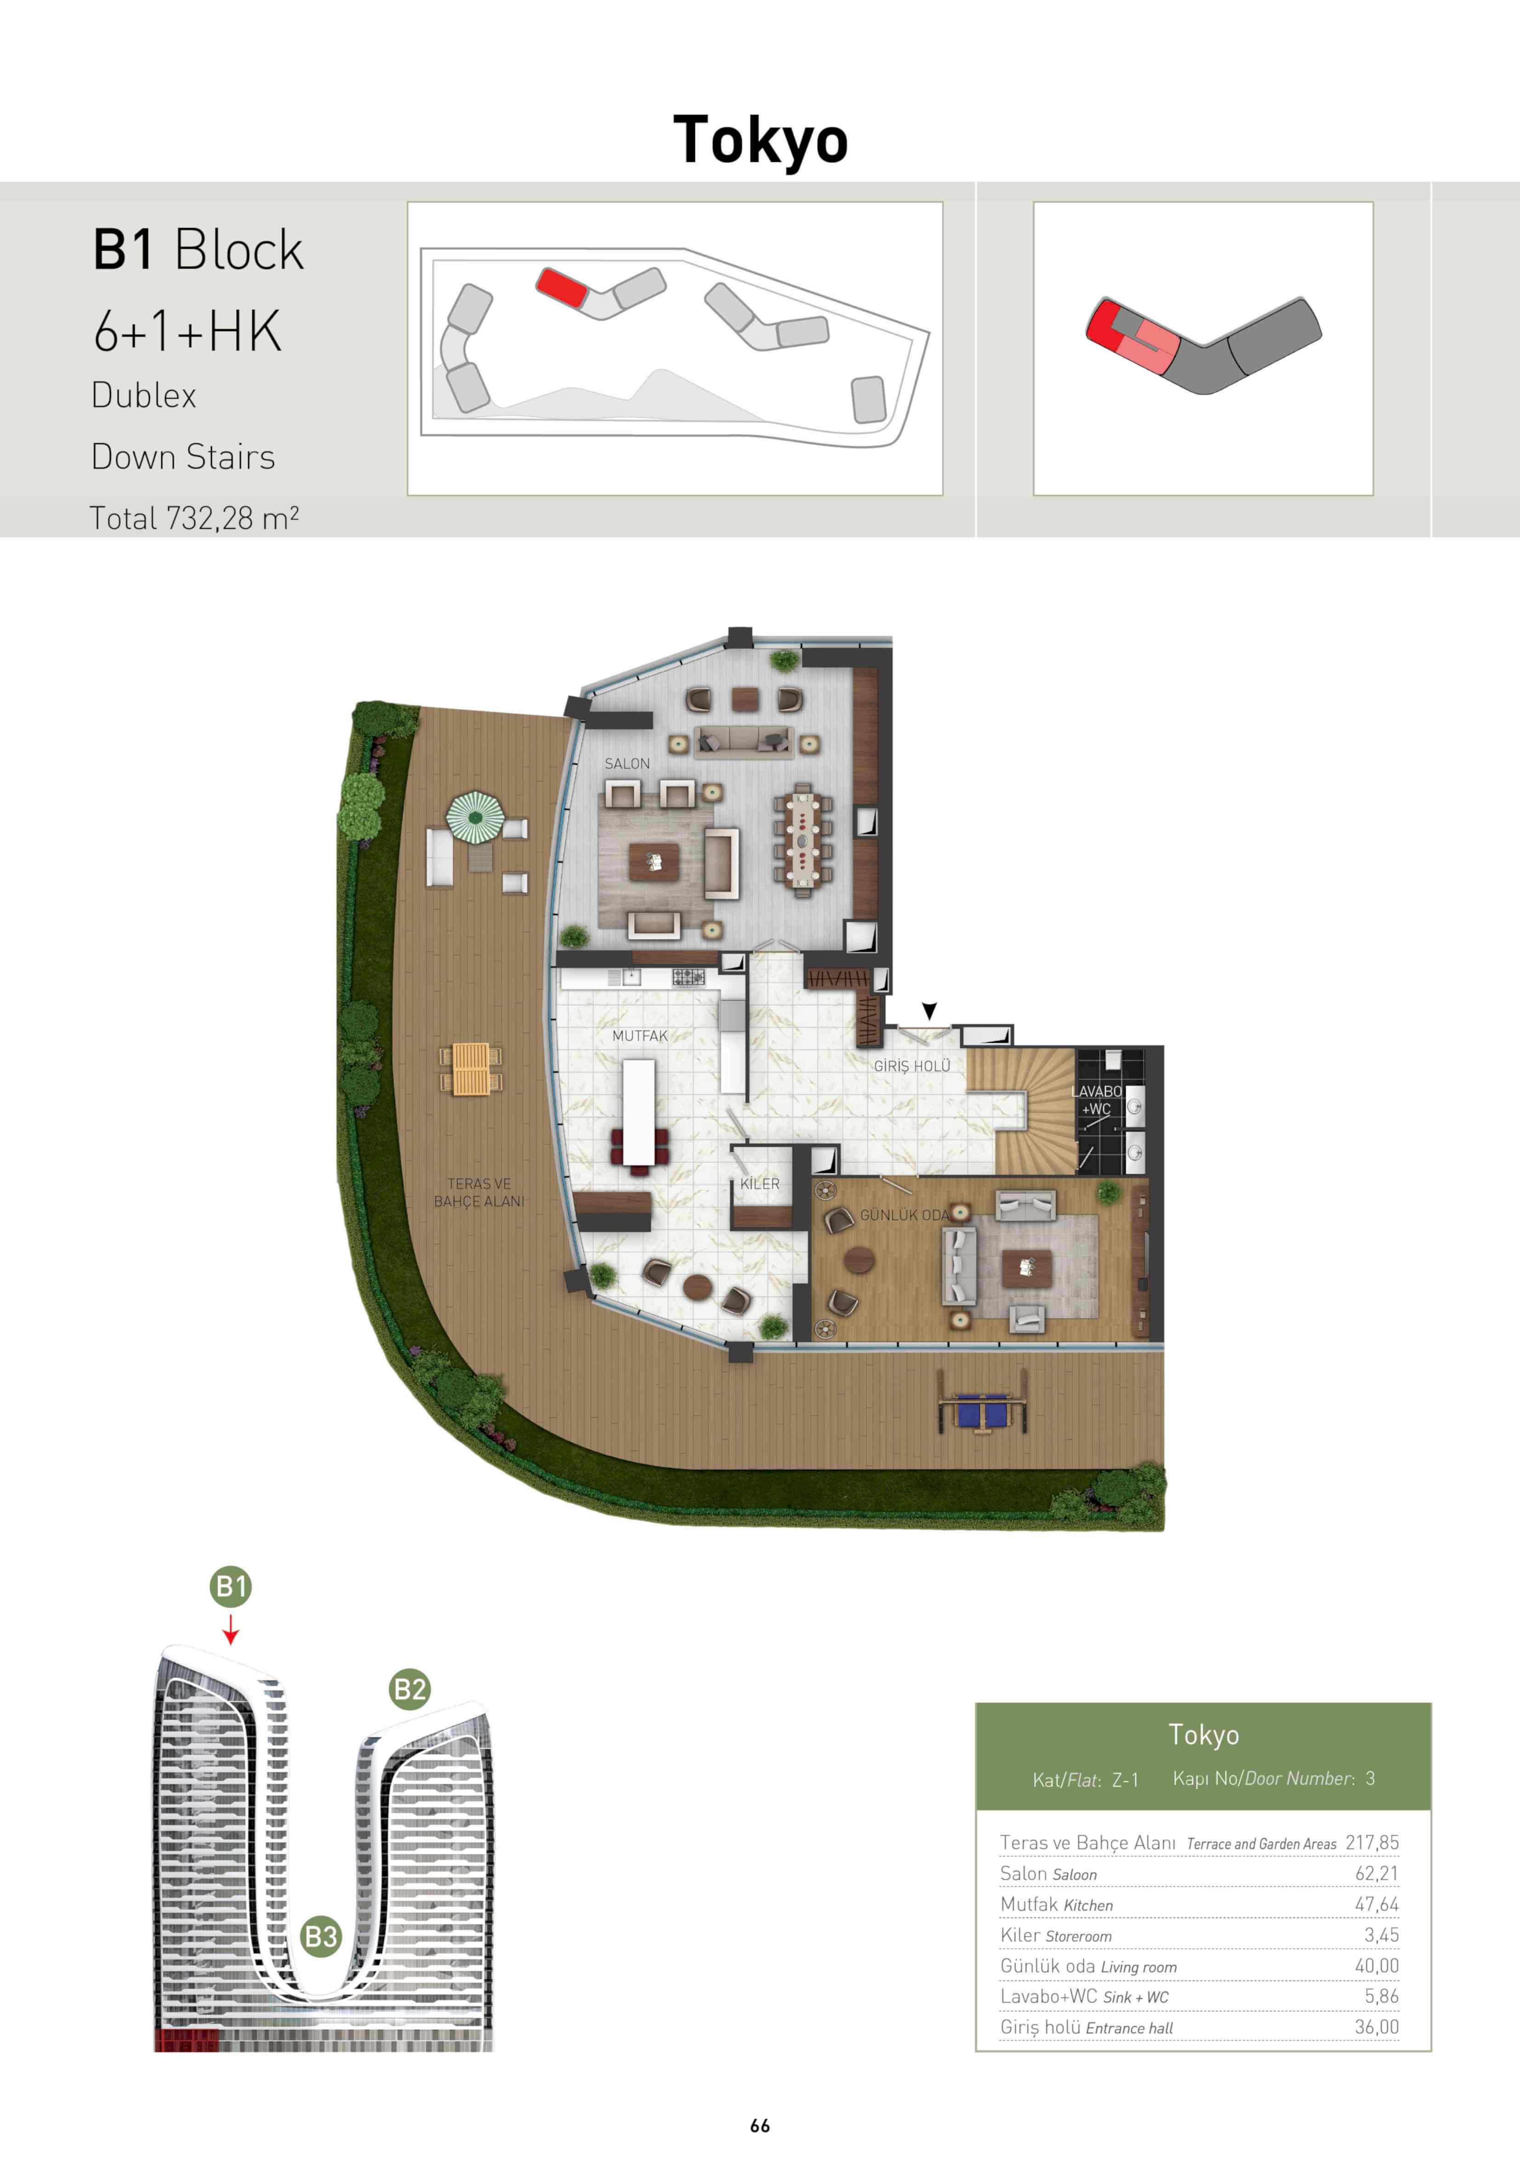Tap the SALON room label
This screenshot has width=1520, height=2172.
[x=627, y=763]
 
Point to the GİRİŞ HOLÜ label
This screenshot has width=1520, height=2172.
[x=912, y=1066]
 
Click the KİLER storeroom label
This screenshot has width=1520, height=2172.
[x=759, y=1183]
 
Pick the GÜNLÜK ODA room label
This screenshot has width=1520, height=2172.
[x=903, y=1215]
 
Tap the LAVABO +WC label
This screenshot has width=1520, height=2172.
[x=1096, y=1100]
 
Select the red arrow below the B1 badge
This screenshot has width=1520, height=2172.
[x=231, y=1629]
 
